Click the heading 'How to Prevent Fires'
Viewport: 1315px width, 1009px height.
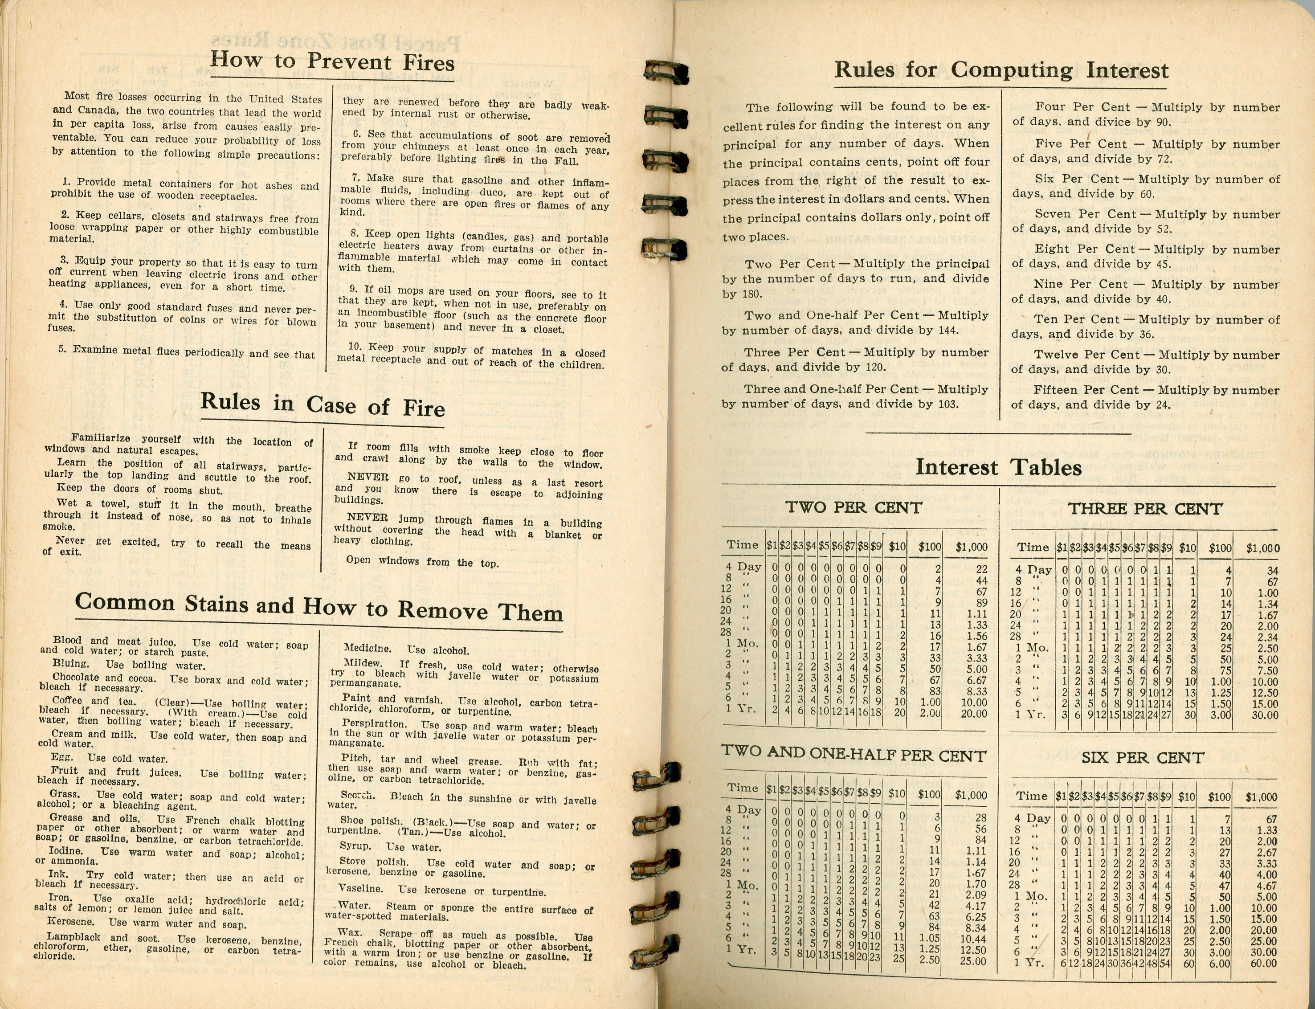[332, 62]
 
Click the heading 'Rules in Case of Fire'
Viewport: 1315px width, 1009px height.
[323, 405]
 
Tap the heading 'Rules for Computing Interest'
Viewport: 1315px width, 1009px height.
[1001, 70]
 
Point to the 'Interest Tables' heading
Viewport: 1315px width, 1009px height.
[998, 467]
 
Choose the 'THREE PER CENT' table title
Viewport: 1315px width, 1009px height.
[1145, 509]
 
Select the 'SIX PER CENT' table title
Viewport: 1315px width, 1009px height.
[1143, 758]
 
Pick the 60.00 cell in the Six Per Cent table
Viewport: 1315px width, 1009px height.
[1263, 964]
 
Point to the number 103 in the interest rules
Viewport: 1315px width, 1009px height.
[948, 404]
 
